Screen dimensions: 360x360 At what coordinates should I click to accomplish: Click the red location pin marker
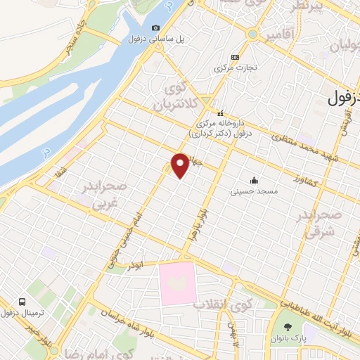181,165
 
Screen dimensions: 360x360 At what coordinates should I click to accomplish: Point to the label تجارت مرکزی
233,68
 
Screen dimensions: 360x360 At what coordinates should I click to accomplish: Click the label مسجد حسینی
255,191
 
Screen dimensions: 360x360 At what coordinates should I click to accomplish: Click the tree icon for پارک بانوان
288,326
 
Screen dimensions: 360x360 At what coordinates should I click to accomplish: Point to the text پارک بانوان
288,337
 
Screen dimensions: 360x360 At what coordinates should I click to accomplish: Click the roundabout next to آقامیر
252,33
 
